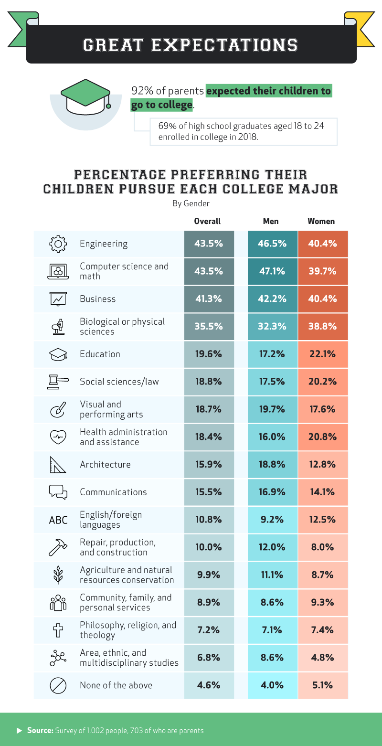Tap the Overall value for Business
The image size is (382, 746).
click(x=209, y=299)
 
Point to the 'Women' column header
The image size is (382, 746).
click(x=321, y=221)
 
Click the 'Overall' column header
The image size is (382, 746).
click(x=207, y=221)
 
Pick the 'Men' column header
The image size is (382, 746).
click(x=271, y=221)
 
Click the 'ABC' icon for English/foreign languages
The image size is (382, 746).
click(x=58, y=520)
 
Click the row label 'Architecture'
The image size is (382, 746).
click(x=105, y=464)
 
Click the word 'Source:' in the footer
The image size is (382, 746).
click(x=40, y=730)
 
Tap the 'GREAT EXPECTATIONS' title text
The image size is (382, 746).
click(x=191, y=45)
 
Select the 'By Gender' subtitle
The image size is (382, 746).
click(x=191, y=203)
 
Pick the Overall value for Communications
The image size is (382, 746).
click(x=209, y=492)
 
